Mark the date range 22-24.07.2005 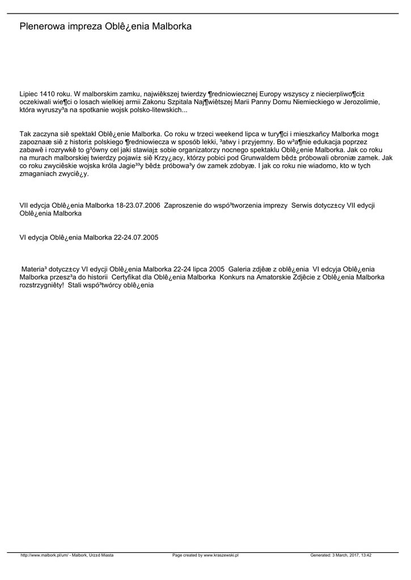136,238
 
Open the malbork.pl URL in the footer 67,556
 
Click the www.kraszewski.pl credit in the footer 205,556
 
